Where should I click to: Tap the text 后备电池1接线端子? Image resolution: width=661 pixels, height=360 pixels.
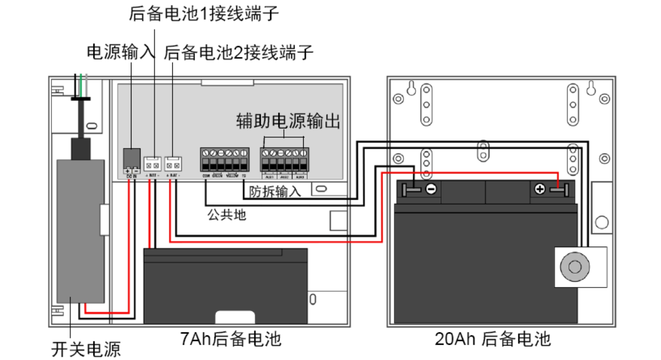click(x=204, y=14)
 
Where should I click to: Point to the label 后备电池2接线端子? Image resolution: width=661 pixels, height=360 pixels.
click(x=238, y=53)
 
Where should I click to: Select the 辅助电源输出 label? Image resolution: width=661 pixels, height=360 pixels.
click(x=288, y=121)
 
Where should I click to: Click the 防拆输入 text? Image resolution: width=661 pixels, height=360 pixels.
click(x=275, y=192)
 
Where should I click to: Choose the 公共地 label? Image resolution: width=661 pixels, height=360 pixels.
click(x=226, y=215)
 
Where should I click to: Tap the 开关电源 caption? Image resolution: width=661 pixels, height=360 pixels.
click(x=86, y=349)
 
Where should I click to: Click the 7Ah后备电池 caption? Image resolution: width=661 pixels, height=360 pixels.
click(x=231, y=339)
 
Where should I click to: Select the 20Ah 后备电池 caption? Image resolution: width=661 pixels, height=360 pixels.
click(x=492, y=339)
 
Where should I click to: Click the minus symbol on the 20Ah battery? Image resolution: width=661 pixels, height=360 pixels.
click(x=431, y=189)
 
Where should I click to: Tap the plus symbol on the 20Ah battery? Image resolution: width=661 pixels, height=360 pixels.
click(x=540, y=189)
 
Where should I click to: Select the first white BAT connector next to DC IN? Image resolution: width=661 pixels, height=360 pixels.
click(x=152, y=164)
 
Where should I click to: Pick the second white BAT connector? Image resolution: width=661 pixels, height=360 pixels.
click(x=173, y=164)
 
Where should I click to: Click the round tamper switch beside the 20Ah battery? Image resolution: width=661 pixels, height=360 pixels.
click(x=575, y=267)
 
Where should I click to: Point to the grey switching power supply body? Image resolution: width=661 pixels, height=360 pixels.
click(x=81, y=231)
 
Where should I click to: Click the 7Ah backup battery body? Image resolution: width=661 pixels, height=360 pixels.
click(x=225, y=285)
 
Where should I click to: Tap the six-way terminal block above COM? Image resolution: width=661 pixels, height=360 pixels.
click(x=225, y=160)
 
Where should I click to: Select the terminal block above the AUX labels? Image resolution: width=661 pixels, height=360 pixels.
click(x=284, y=160)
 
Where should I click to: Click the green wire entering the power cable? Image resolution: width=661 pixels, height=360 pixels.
click(x=81, y=85)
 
